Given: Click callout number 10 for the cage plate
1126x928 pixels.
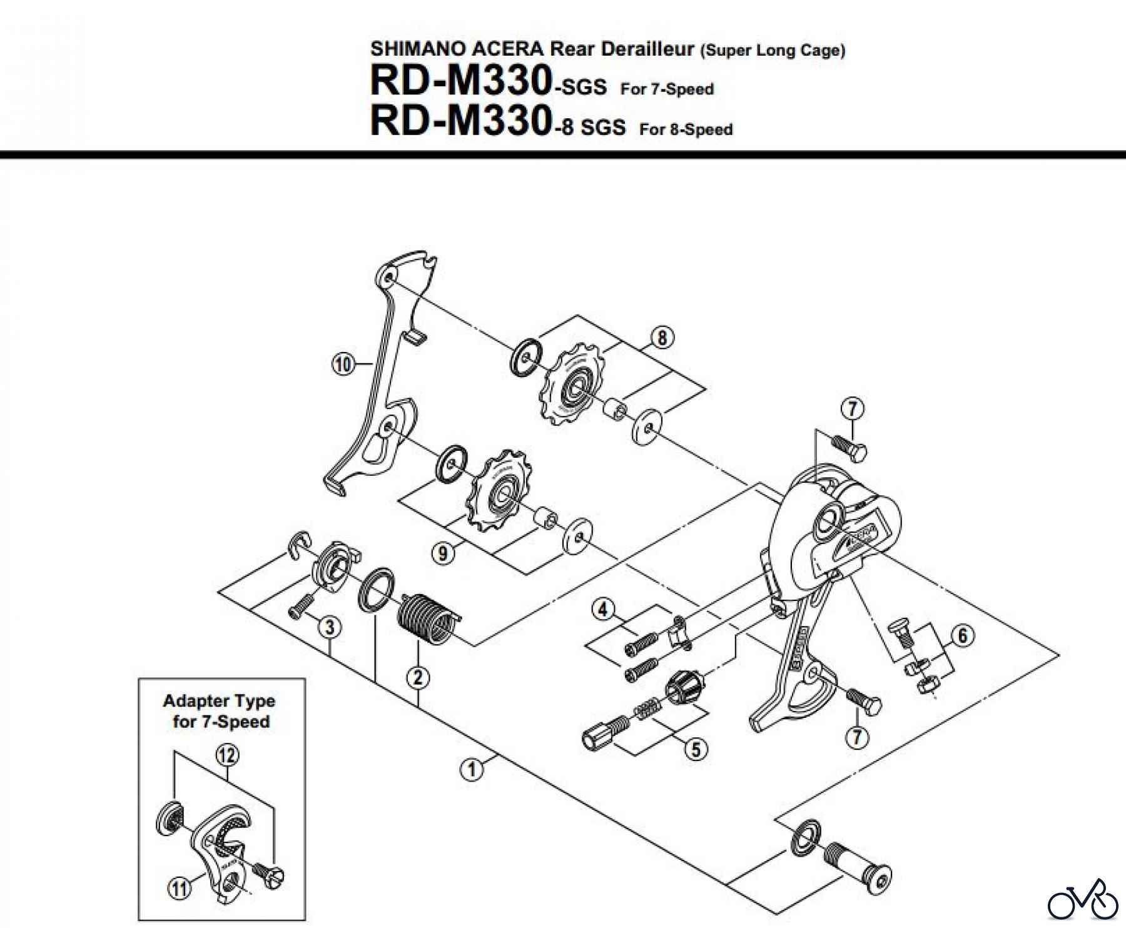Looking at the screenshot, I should tap(343, 365).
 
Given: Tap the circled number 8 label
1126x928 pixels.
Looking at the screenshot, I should tap(662, 338).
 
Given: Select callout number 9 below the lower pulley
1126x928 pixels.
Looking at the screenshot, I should tap(443, 554).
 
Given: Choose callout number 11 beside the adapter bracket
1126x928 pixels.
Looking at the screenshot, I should tap(180, 889).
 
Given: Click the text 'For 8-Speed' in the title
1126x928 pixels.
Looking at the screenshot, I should tap(686, 130).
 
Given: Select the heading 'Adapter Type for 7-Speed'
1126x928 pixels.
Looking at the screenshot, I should tap(219, 711).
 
